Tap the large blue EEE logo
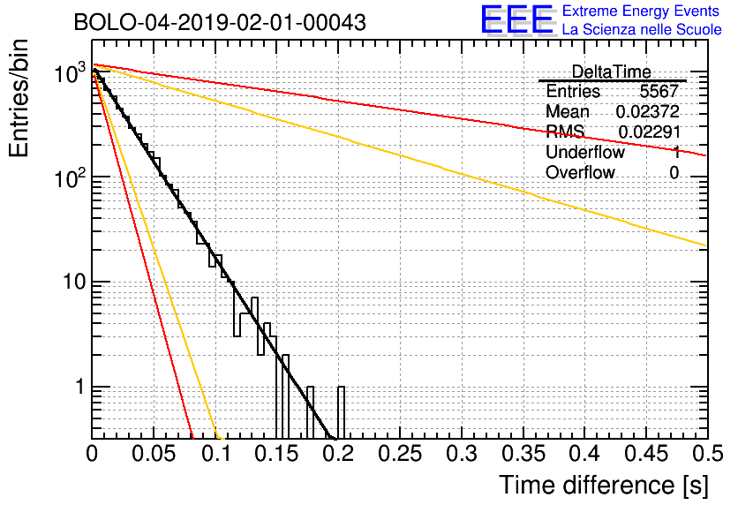(517, 20)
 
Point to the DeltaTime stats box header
(611, 72)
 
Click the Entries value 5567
(659, 92)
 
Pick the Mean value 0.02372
(647, 112)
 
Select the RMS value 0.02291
(649, 132)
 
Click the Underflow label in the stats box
(584, 152)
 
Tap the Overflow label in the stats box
(580, 172)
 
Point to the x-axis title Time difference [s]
(602, 485)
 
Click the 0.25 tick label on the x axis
(400, 455)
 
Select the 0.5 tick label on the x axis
(706, 455)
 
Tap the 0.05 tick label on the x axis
(154, 455)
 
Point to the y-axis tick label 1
(77, 387)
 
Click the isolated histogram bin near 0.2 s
(341, 411)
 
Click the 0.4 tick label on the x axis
(584, 455)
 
